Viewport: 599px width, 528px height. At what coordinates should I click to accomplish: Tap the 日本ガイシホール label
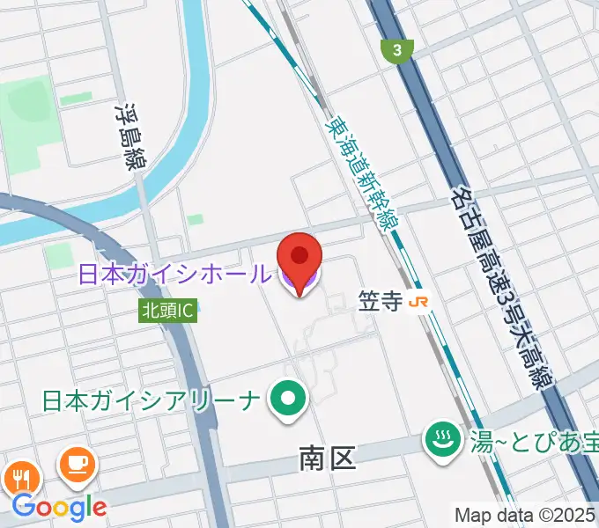(174, 274)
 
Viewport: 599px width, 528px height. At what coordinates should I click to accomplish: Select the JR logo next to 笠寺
(420, 301)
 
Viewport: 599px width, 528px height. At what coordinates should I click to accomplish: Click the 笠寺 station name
(381, 301)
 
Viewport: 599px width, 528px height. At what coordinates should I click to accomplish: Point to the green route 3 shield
(397, 51)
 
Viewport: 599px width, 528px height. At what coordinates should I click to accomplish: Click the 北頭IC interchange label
(168, 310)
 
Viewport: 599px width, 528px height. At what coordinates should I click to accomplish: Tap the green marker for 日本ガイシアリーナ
(287, 400)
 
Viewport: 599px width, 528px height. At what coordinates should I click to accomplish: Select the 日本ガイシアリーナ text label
(152, 400)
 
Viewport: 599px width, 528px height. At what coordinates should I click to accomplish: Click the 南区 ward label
(327, 458)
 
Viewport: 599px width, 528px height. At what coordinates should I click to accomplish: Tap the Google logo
(60, 506)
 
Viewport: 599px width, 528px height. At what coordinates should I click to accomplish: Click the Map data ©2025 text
(525, 514)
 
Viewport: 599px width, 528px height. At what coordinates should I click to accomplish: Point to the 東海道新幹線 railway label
(363, 175)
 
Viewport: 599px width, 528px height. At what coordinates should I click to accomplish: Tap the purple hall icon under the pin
(299, 283)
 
